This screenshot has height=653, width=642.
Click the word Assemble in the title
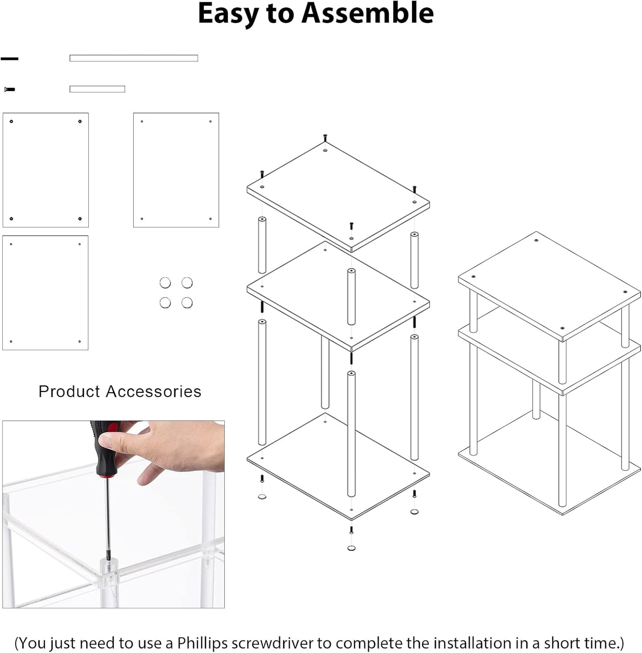tap(367, 13)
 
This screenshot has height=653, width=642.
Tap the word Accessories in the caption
tap(153, 391)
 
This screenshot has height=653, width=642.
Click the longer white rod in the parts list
tap(133, 58)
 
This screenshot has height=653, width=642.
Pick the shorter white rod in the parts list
tap(97, 89)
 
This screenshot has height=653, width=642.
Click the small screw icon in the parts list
tap(10, 89)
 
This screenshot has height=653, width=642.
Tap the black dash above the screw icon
tap(9, 59)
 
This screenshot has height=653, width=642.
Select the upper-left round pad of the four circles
tap(165, 283)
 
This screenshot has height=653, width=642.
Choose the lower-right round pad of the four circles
tap(187, 303)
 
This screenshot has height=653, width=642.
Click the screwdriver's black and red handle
tap(104, 449)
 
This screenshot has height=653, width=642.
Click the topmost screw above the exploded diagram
tap(325, 137)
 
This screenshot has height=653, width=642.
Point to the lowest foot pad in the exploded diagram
tap(351, 548)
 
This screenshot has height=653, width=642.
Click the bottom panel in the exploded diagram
tap(338, 466)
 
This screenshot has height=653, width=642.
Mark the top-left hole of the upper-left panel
tap(12, 121)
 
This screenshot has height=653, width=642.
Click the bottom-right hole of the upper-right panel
tap(210, 219)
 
